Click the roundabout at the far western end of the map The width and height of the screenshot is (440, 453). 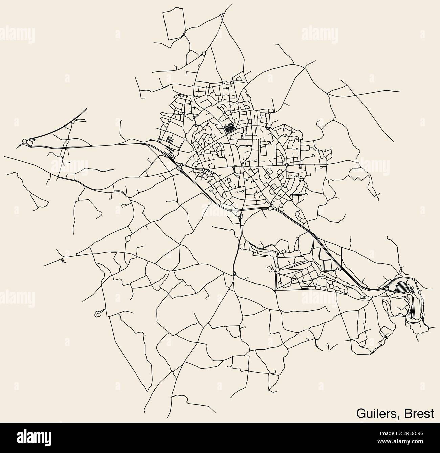click(x=25, y=141)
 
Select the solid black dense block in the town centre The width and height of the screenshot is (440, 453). click(x=229, y=128)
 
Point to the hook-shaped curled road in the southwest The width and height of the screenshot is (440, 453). click(x=97, y=314)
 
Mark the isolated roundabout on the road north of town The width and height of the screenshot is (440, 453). click(x=204, y=54)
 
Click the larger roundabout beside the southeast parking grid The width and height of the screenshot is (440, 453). click(x=387, y=289)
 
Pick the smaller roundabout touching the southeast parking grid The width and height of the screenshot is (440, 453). click(x=395, y=292)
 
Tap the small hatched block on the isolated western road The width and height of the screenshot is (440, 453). click(x=63, y=260)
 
